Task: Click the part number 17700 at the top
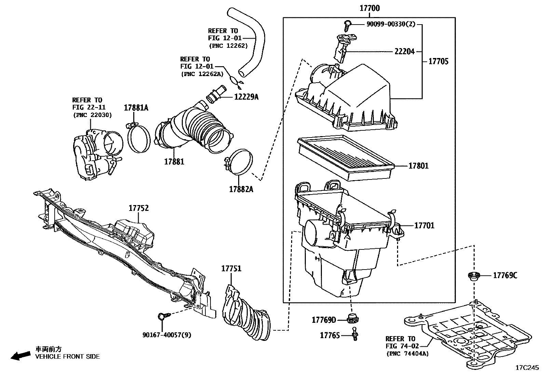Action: point(369,8)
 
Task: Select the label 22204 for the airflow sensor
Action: point(404,52)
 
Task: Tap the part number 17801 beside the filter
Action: point(418,166)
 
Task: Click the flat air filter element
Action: point(345,157)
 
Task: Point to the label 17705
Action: point(438,62)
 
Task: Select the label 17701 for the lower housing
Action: point(424,226)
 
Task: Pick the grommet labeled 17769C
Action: point(473,276)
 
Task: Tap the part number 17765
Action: point(330,335)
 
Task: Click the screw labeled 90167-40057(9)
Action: point(162,317)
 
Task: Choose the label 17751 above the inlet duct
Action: point(231,269)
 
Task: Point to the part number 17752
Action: point(139,208)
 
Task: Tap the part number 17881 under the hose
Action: point(174,162)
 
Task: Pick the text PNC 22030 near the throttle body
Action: point(92,115)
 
